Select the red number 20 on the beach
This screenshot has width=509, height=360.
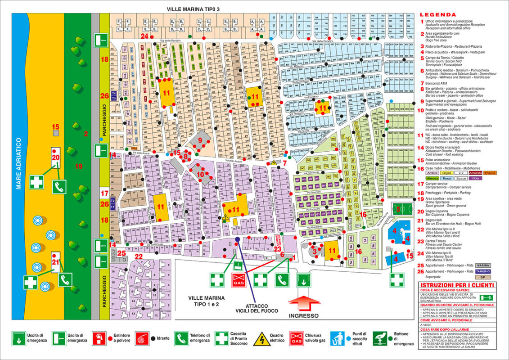[56, 157]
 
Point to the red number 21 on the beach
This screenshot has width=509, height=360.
[56, 262]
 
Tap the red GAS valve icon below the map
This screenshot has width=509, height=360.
[238, 280]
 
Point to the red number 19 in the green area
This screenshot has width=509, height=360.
[79, 166]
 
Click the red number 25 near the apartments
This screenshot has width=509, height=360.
[122, 253]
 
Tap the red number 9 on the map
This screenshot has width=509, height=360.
[201, 139]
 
